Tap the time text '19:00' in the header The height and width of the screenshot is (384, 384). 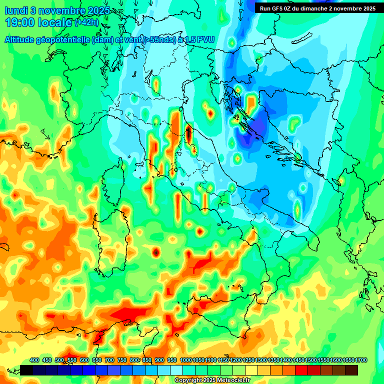click(19, 22)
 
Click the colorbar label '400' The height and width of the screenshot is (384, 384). click(34, 360)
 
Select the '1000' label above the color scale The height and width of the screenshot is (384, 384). click(186, 360)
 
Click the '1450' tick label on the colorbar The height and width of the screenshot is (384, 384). click(299, 360)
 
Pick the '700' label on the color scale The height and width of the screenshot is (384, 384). click(109, 360)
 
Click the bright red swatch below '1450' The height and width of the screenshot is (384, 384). click(301, 370)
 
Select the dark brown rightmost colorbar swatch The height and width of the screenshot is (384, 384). click(351, 370)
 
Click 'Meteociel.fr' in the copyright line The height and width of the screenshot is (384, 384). click(234, 380)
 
